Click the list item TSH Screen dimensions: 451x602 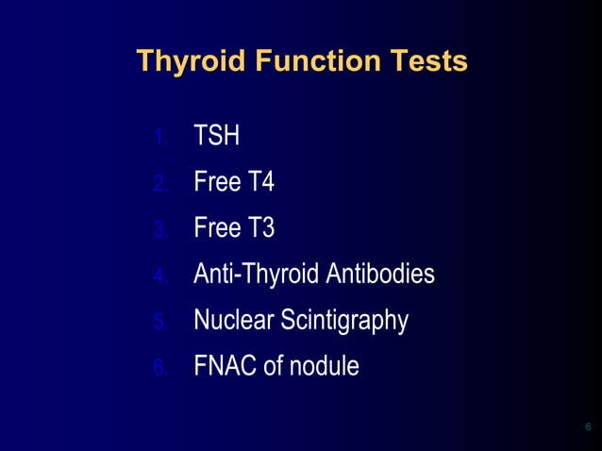pos(216,137)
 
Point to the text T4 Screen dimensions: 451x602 pos(260,182)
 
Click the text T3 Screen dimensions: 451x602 pos(260,228)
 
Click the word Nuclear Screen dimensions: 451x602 pos(233,321)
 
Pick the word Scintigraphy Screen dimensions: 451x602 pos(343,321)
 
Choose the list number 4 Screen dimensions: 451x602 pos(161,276)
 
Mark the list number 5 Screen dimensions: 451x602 pos(161,323)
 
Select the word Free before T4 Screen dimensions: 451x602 pos(217,182)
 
